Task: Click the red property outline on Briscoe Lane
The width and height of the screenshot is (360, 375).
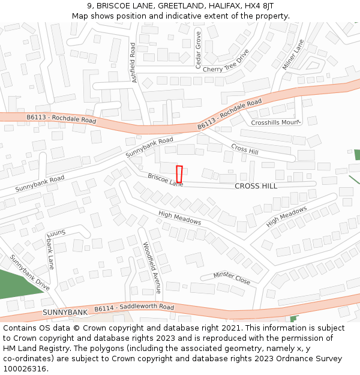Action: click(x=179, y=173)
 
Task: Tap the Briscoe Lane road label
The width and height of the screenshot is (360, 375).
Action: click(x=166, y=179)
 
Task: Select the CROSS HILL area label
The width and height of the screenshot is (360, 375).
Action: click(x=256, y=186)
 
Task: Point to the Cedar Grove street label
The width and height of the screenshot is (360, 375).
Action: click(x=199, y=50)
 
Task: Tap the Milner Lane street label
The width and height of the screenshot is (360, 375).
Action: click(x=293, y=55)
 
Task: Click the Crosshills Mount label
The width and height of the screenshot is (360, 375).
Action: click(x=275, y=122)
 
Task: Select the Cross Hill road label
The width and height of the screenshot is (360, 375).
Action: click(x=244, y=148)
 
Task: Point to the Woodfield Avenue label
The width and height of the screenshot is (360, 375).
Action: click(x=152, y=266)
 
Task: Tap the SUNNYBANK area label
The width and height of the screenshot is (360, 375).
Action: click(x=65, y=313)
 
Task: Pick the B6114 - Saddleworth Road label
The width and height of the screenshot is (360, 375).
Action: click(x=134, y=307)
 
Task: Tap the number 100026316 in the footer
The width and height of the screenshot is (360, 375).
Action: click(x=25, y=368)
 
